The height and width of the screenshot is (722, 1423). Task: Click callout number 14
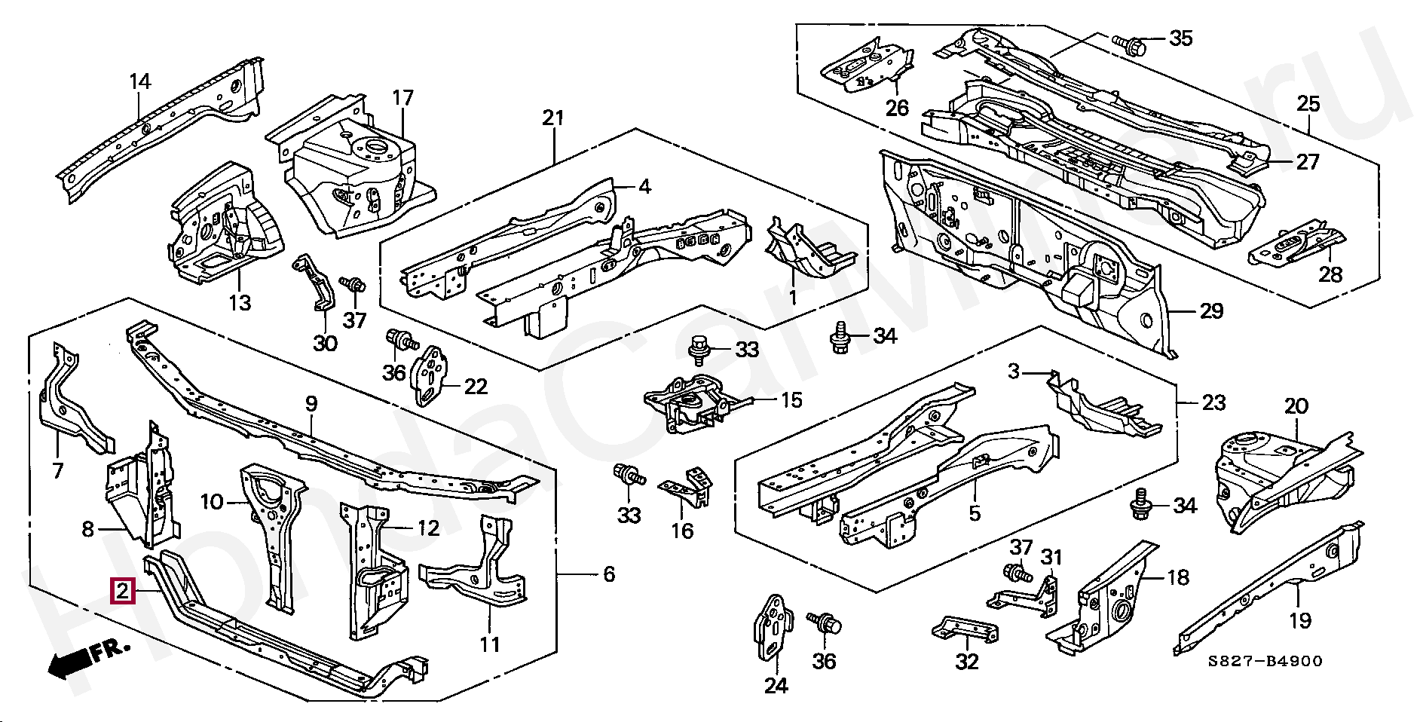pos(140,81)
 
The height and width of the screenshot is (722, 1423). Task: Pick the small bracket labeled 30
pos(317,283)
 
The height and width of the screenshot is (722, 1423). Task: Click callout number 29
pos(1211,311)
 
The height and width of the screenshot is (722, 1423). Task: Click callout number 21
pos(554,118)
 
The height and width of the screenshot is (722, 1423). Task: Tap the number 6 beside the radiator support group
pos(609,575)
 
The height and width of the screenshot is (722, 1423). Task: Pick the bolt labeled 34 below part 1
pos(840,335)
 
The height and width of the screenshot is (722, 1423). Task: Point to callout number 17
pos(403,98)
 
